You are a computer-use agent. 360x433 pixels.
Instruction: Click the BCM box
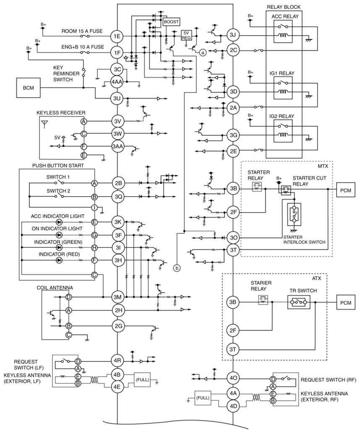[28, 88]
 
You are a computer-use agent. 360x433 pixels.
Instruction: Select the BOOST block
[172, 22]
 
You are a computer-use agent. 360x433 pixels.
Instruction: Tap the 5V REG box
[186, 35]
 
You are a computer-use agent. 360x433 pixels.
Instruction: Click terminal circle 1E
[117, 36]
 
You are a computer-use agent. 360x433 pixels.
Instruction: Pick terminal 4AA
[117, 82]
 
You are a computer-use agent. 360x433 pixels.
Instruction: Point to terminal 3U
[117, 98]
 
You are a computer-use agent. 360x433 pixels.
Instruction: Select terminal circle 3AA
[117, 146]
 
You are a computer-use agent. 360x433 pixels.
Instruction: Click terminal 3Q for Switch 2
[118, 197]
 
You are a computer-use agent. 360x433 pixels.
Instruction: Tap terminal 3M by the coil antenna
[118, 297]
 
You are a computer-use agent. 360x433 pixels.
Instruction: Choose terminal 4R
[117, 360]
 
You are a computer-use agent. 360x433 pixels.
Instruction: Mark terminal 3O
[233, 238]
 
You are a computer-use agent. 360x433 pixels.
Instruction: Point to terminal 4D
[233, 406]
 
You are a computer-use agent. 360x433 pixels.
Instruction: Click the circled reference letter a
[203, 52]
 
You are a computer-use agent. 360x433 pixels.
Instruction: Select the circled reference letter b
[176, 267]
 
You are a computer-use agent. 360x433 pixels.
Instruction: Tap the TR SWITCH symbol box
[299, 302]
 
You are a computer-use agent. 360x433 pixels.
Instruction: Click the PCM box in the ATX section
[346, 303]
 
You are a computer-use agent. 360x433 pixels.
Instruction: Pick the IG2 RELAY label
[282, 116]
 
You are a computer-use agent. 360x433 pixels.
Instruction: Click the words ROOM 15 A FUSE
[82, 31]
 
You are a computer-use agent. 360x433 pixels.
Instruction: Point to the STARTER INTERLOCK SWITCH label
[304, 239]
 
